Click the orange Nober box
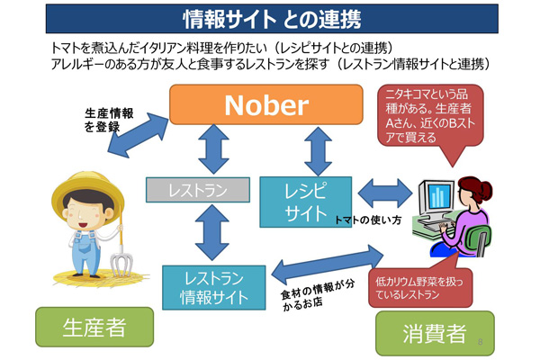coord(265,104)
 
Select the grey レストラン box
coord(198,190)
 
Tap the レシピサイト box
coord(305,202)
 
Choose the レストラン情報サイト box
coord(214,288)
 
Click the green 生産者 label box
coord(94,327)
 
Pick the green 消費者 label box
coord(435,333)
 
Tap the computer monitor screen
coord(439,196)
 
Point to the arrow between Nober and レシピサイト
coord(319,151)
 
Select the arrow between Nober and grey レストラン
coord(213,149)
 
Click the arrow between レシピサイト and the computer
coord(385,193)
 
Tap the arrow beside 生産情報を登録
coord(138,135)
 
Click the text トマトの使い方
coord(368,220)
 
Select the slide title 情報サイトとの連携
coord(272,19)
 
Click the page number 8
coord(480,342)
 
